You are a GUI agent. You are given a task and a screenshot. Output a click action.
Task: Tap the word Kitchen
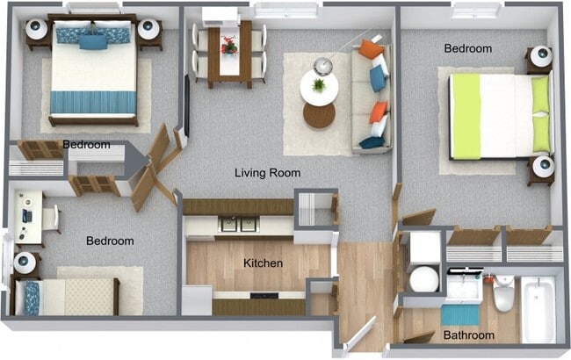click(x=263, y=263)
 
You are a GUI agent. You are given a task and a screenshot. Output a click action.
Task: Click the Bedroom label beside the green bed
click(x=467, y=48)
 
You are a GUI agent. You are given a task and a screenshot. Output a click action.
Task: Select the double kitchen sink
click(x=239, y=224)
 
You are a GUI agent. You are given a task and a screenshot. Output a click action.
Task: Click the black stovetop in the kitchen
click(x=264, y=296)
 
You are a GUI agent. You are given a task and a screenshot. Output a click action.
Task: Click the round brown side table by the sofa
click(x=319, y=115)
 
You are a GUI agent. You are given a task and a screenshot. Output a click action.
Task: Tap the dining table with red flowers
click(x=229, y=51)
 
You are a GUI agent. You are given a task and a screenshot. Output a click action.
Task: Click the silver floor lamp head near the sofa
click(x=322, y=65)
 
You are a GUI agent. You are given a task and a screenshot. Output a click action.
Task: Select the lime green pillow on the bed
click(x=540, y=112)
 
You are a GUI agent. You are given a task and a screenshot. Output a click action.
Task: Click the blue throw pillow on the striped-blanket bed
click(x=91, y=40)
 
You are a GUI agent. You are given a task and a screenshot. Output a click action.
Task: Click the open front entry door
click(x=361, y=335)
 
